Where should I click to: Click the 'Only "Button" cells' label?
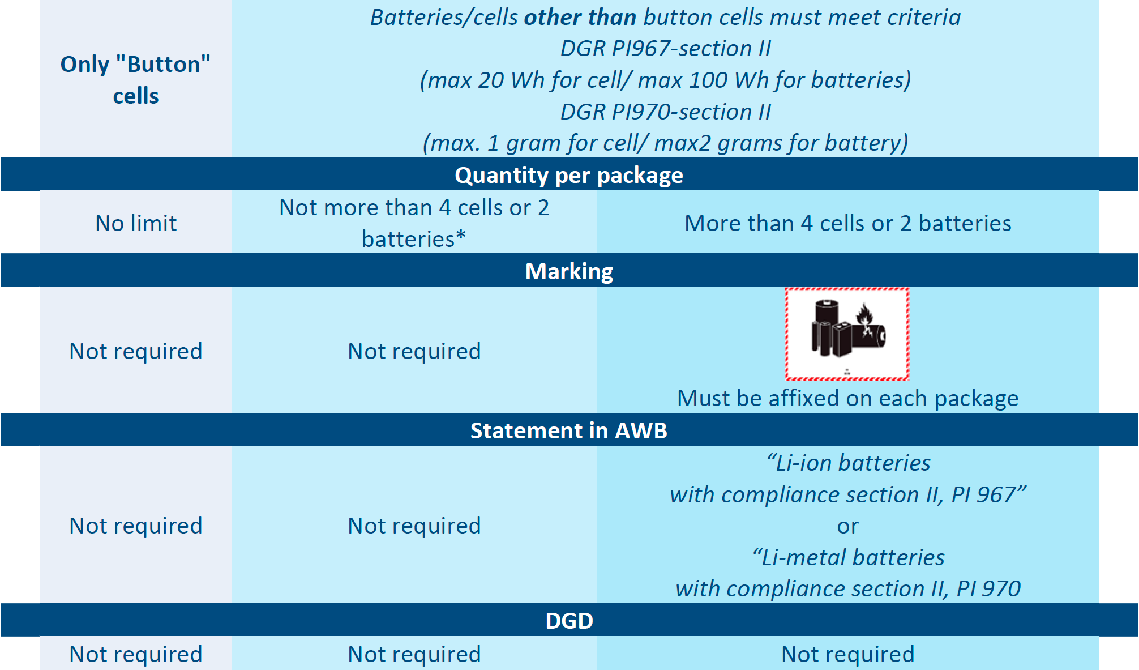[135, 80]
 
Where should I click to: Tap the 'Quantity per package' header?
[569, 175]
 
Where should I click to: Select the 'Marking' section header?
[569, 271]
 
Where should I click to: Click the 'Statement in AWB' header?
[569, 430]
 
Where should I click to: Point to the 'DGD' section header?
[569, 621]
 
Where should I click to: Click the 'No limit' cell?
[136, 223]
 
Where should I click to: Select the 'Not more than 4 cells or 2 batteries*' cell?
[414, 223]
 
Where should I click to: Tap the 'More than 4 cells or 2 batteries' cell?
[847, 223]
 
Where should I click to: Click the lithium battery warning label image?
[847, 334]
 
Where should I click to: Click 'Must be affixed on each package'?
[847, 398]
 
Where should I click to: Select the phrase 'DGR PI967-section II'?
[666, 49]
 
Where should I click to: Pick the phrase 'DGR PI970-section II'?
[666, 112]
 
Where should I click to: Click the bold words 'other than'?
[580, 18]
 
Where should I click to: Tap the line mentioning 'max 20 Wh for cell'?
[666, 80]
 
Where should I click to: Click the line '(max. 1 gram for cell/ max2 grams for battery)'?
[666, 143]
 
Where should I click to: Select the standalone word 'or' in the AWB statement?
[847, 527]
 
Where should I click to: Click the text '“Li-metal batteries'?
[847, 557]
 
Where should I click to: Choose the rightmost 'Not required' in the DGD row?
[847, 654]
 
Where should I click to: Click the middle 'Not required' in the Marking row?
[414, 351]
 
